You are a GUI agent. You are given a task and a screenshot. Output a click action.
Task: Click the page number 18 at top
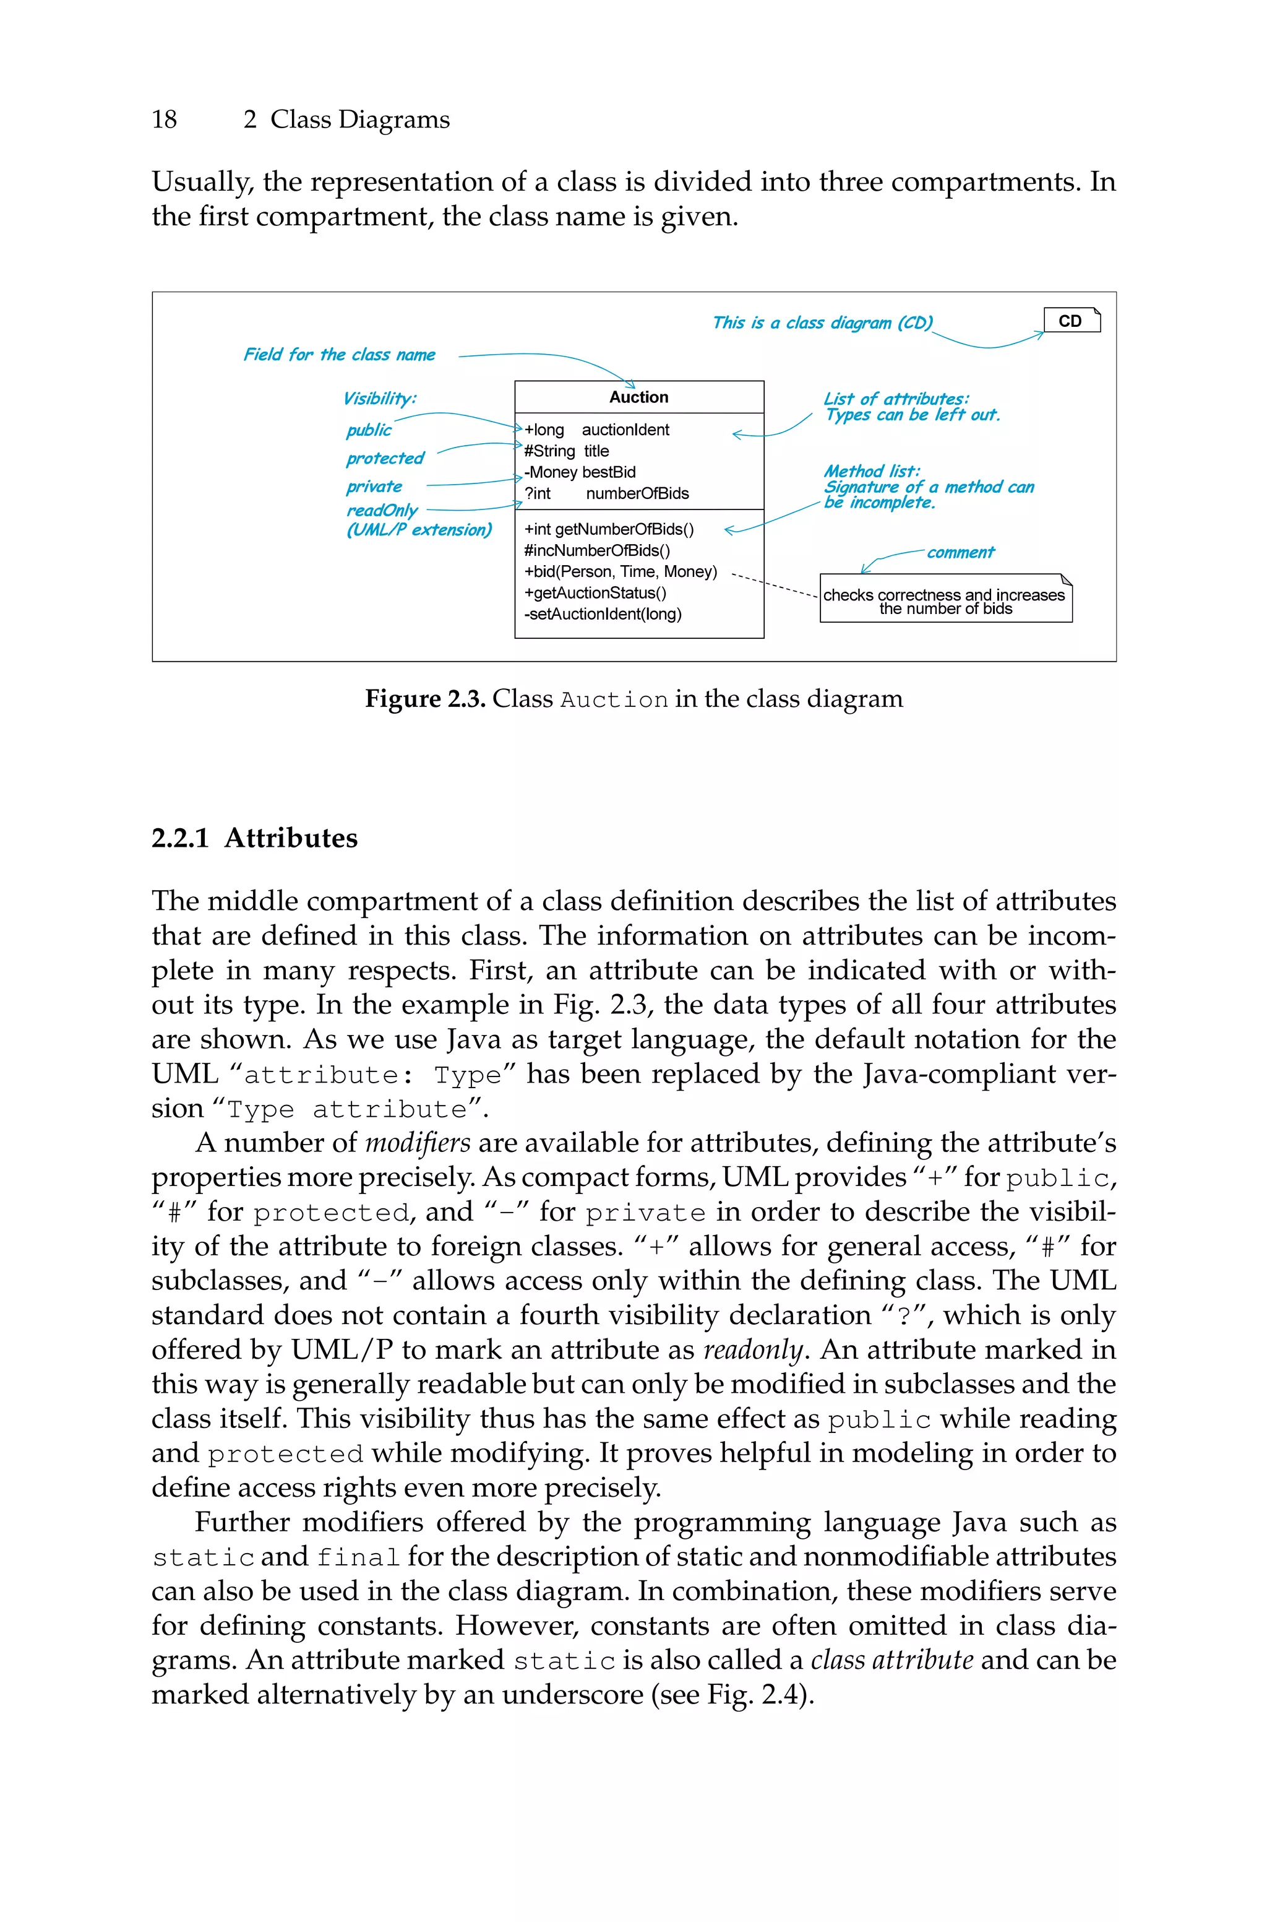(164, 119)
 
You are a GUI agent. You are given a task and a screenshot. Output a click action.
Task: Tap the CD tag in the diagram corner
(1071, 321)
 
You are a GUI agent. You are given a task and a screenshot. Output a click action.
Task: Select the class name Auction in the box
(638, 397)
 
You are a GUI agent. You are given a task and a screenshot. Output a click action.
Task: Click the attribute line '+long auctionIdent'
(596, 430)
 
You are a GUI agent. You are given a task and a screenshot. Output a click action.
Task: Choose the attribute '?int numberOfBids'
(606, 493)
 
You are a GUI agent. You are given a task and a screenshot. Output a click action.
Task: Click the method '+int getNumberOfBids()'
(609, 529)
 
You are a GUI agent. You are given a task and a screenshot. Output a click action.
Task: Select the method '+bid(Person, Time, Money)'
(621, 571)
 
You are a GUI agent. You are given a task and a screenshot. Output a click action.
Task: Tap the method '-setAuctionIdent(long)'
(603, 614)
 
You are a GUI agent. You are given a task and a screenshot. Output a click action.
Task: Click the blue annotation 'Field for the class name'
(340, 355)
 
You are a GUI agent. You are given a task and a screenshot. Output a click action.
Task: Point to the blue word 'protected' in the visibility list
(385, 458)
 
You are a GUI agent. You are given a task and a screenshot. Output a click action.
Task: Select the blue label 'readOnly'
(381, 511)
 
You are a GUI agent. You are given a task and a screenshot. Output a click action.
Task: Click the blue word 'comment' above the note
(960, 553)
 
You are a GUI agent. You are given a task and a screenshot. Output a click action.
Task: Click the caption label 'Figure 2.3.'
(424, 699)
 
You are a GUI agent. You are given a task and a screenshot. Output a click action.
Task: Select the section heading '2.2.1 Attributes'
(254, 838)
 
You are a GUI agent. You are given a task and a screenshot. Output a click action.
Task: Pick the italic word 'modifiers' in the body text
(417, 1143)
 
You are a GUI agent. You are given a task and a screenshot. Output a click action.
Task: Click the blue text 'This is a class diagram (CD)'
(822, 323)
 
